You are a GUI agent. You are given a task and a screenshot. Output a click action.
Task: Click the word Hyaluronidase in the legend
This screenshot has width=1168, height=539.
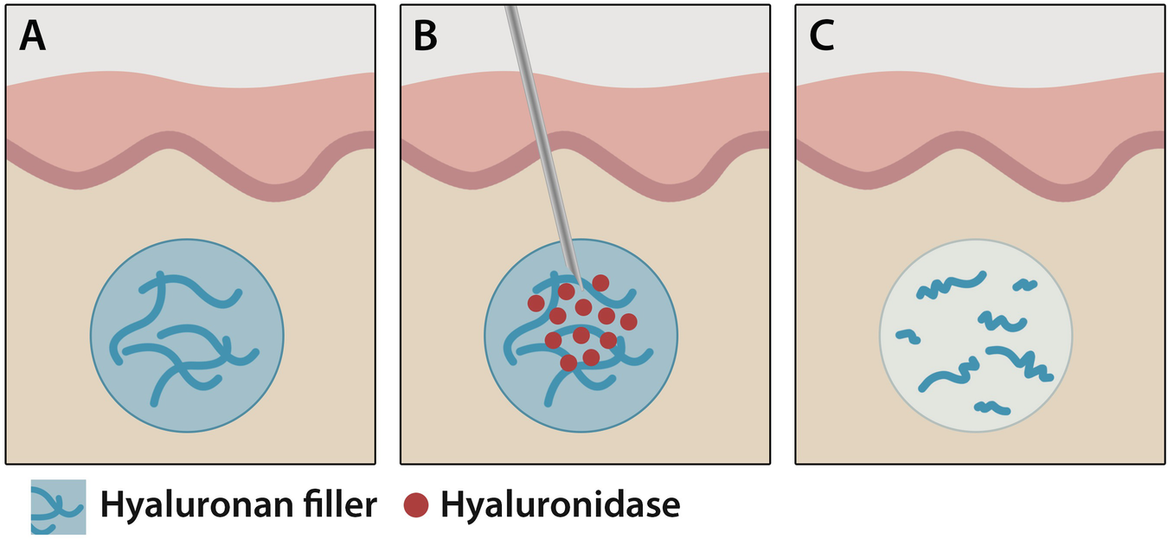[x=560, y=505]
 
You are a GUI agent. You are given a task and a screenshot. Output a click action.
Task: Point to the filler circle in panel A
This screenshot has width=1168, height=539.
[x=187, y=336]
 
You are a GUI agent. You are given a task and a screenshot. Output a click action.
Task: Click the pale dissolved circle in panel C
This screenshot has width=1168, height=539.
[x=976, y=336]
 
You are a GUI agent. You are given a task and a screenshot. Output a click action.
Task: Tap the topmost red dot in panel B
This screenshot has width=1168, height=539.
[x=600, y=282]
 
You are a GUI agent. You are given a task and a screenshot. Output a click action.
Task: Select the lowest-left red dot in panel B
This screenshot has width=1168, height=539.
[x=568, y=363]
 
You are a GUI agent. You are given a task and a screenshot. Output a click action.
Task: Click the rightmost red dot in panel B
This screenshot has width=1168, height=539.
[x=629, y=322]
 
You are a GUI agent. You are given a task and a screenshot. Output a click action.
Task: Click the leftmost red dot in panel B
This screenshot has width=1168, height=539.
[x=536, y=303]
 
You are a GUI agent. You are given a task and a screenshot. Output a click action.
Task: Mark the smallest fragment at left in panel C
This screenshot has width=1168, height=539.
[x=908, y=336]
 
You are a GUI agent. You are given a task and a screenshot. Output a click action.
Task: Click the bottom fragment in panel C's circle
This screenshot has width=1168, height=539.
[x=992, y=407]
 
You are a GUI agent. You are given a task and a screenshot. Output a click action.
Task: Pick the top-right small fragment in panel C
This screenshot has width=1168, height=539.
[x=1025, y=284]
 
